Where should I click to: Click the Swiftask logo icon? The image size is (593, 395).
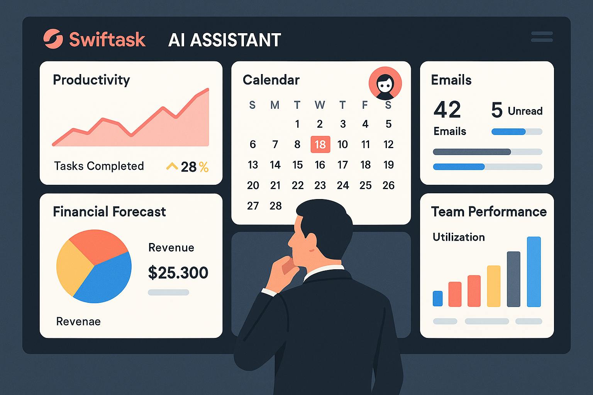point(53,39)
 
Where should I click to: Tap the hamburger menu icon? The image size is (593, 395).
point(542,37)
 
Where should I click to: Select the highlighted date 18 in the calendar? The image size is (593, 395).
point(320,144)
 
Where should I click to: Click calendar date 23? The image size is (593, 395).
point(320,186)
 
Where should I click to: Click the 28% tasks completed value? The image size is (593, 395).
point(194,167)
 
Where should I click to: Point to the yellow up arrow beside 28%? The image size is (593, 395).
point(172,166)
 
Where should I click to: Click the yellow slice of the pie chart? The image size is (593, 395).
point(73,266)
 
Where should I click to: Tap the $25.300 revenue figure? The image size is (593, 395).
point(178,272)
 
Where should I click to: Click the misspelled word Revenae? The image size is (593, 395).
point(78,321)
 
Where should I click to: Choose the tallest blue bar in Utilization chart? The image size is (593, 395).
point(534,272)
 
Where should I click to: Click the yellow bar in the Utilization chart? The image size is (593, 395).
point(493,286)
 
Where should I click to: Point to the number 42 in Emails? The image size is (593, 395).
point(447,110)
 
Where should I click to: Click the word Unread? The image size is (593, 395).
point(525,111)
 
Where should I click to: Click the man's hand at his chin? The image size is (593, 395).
point(284,266)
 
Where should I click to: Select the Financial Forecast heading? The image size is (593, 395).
point(109,211)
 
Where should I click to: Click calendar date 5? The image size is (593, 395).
point(388,124)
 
